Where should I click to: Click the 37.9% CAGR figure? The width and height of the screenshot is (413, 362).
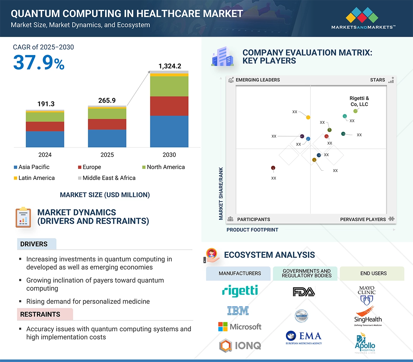point(39,62)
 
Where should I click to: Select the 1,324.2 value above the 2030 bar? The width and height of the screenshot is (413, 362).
point(169,66)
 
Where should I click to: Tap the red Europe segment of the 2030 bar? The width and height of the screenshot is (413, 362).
point(169,106)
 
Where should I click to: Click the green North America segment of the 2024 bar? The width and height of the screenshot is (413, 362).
point(45,117)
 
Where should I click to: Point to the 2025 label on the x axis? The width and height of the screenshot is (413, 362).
point(107,155)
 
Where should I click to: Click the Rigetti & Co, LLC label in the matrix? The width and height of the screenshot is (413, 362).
point(359,101)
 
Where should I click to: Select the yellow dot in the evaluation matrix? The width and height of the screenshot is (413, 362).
point(308,117)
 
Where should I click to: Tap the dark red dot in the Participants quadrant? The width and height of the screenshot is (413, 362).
point(273,168)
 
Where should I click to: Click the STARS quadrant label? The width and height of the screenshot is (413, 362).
point(377,80)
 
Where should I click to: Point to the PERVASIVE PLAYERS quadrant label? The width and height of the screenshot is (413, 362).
point(363,219)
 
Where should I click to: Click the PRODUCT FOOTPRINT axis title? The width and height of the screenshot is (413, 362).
point(252,230)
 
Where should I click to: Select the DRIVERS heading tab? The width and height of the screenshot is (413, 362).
point(34,244)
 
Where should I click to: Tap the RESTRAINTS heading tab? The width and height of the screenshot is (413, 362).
point(40,314)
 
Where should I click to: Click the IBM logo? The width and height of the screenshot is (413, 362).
point(238,310)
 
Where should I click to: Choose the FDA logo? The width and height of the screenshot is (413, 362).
point(304,292)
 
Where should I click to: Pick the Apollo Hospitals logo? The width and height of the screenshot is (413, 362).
point(365,343)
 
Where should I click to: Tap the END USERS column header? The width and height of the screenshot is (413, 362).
point(373,273)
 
